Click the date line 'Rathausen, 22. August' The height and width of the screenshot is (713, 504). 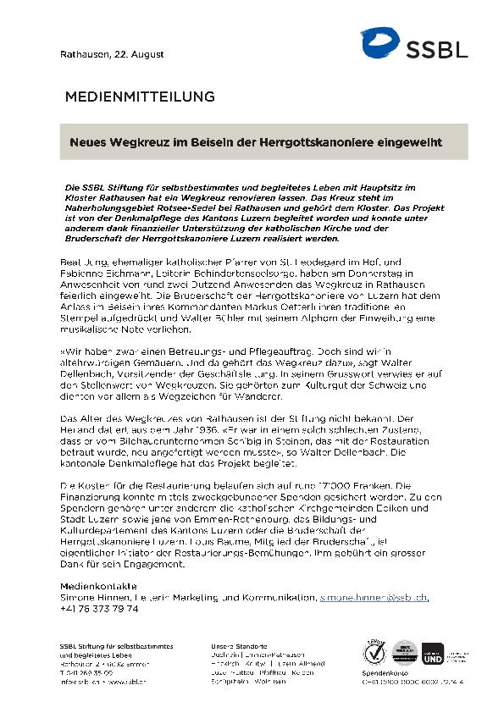[99, 54]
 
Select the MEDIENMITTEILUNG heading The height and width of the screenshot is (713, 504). [139, 97]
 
